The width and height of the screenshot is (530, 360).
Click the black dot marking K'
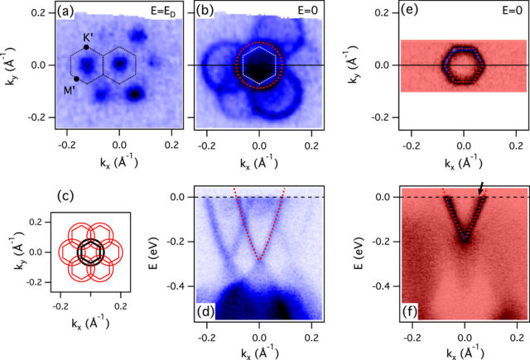pyautogui.click(x=87, y=47)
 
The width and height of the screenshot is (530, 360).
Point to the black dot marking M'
pyautogui.click(x=76, y=79)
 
